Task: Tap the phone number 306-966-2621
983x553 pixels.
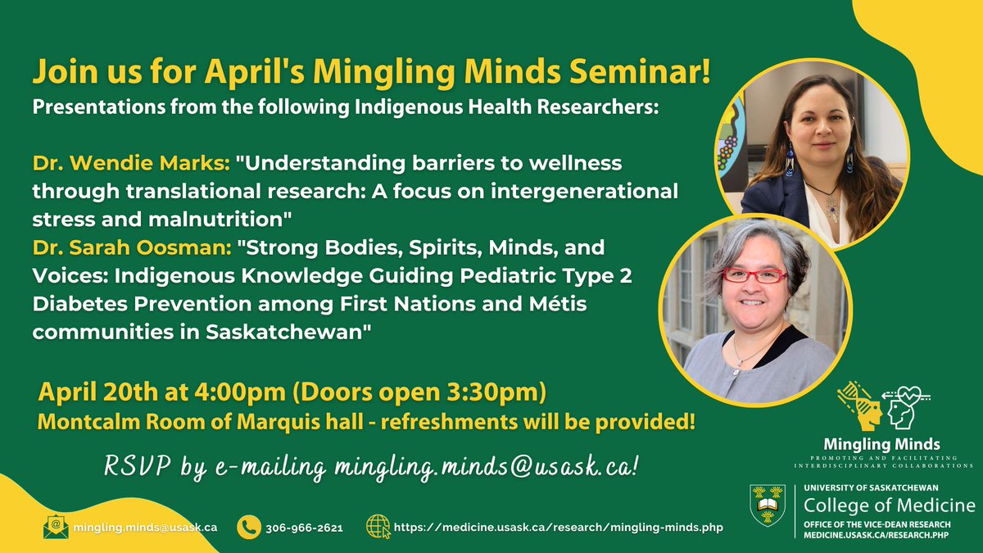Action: (x=304, y=528)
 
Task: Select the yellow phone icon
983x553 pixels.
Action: (x=249, y=527)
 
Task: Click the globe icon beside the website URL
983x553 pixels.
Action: (x=378, y=527)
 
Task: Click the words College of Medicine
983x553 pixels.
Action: (x=889, y=504)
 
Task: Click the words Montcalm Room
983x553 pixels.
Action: (x=98, y=423)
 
